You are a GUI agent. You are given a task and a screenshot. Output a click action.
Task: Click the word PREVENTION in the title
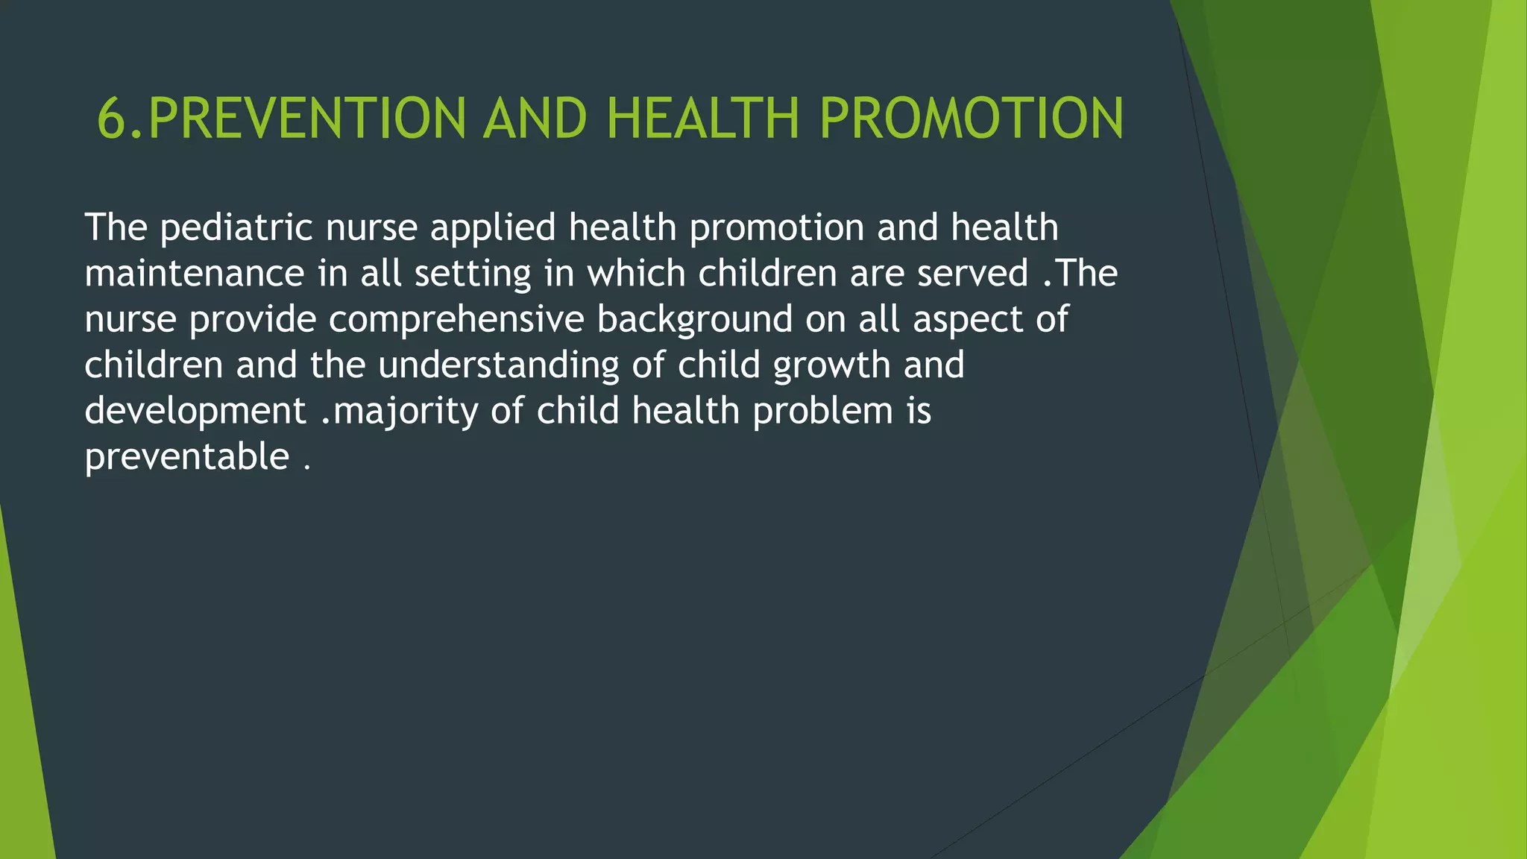click(307, 119)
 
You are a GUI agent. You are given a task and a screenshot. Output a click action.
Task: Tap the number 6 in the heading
click(112, 119)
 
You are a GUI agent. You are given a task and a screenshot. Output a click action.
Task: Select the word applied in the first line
click(493, 227)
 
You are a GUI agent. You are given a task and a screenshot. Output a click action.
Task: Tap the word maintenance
click(194, 273)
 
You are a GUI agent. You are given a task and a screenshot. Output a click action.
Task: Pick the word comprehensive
click(456, 319)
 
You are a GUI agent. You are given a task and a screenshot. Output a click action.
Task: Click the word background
click(694, 319)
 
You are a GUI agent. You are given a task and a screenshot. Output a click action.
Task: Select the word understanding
click(498, 365)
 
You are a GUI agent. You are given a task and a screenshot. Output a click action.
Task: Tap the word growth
click(832, 365)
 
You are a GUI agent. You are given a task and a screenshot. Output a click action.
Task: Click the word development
click(195, 411)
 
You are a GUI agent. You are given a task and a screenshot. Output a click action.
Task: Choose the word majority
click(406, 411)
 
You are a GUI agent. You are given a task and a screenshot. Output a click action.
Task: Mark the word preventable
click(186, 456)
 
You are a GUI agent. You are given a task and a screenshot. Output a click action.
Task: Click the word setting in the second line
click(473, 273)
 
